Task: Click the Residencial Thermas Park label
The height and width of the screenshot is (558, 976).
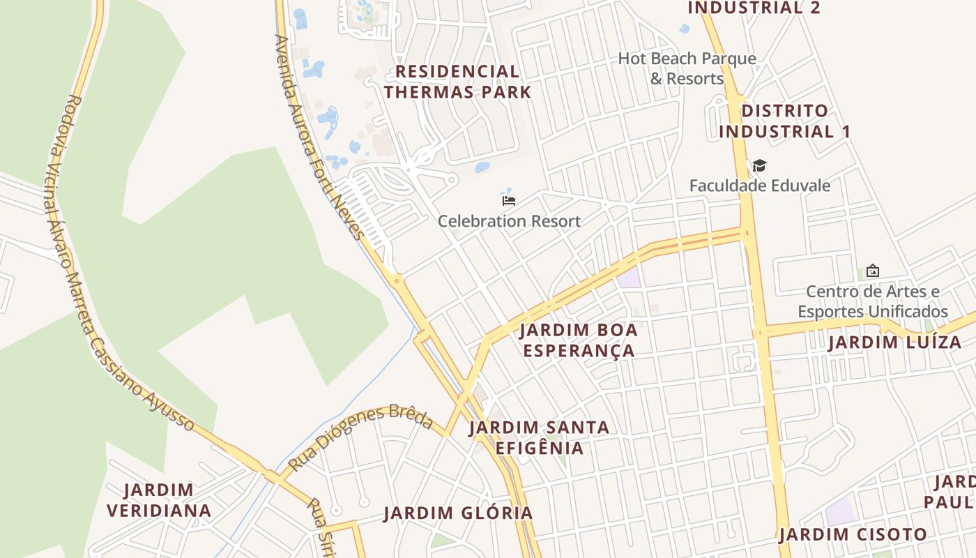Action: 457,82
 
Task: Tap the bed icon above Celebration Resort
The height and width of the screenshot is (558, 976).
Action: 509,201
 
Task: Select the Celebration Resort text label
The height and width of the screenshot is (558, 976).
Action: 509,221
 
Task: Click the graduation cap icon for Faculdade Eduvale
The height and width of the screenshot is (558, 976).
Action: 759,166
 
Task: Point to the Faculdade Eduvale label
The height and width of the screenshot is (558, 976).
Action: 760,186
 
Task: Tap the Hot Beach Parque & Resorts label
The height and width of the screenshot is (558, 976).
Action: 687,68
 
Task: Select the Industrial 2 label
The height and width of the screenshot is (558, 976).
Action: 754,8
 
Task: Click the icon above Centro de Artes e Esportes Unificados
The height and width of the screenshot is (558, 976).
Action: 872,271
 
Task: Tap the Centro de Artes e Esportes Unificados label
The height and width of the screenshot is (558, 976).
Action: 873,301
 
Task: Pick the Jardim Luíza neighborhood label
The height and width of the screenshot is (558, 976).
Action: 894,342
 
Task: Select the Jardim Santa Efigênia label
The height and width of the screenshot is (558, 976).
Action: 539,437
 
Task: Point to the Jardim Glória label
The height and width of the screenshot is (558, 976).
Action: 458,513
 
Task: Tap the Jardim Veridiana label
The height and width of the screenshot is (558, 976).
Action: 159,500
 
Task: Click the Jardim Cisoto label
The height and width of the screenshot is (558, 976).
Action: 853,535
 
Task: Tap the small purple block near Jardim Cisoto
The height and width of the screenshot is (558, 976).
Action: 840,512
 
